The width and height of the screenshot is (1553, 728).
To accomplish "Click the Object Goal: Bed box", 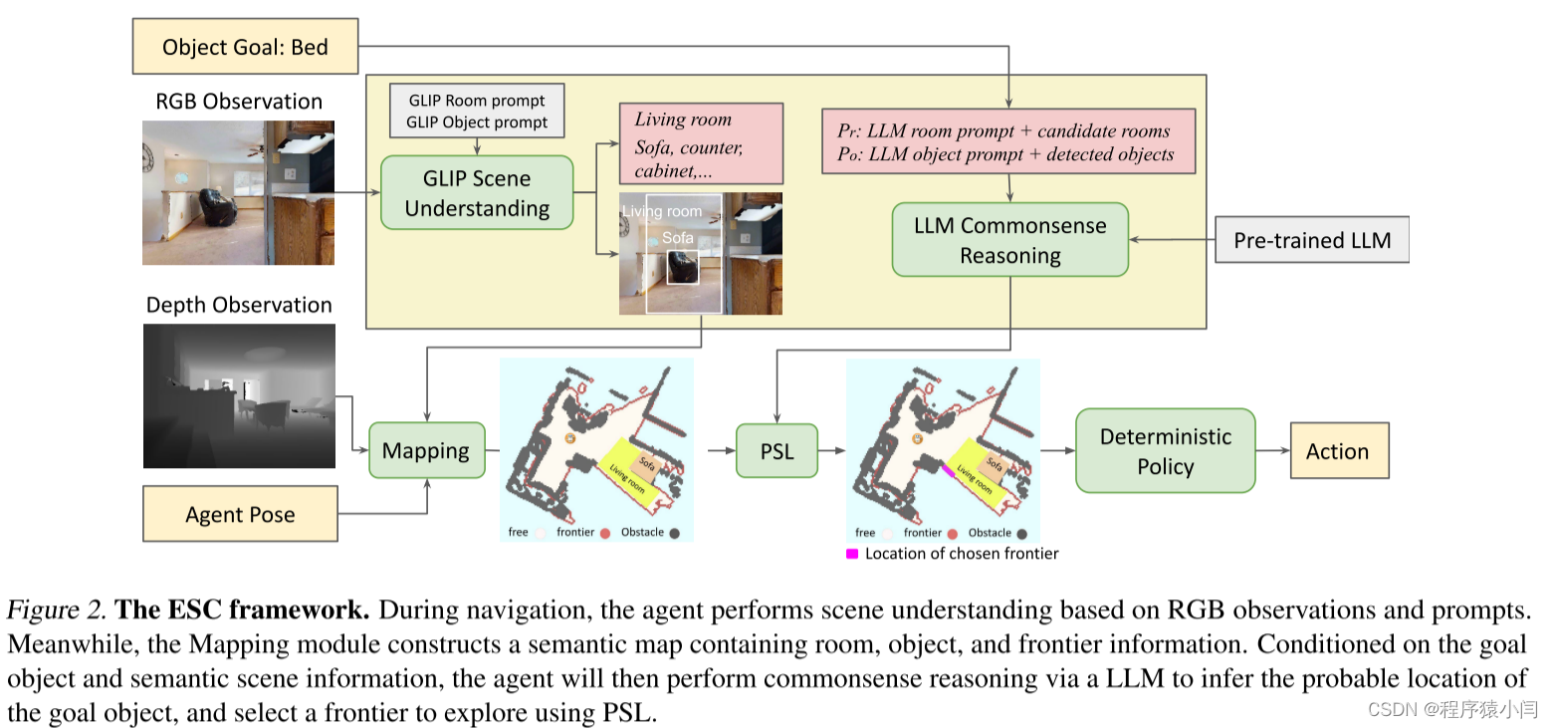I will (x=245, y=48).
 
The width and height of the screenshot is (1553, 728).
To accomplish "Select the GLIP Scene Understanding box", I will (x=477, y=193).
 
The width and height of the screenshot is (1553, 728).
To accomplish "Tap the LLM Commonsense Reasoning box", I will (x=1009, y=240).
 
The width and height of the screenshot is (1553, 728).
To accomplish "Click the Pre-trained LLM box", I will (x=1312, y=240).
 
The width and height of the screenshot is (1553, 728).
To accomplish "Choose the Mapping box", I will (x=426, y=450).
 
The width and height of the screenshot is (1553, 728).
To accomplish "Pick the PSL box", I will (x=776, y=451).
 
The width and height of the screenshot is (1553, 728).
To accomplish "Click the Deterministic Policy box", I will (x=1165, y=451).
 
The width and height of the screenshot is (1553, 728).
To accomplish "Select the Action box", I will (x=1337, y=451).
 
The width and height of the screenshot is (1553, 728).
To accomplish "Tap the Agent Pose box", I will (x=240, y=514).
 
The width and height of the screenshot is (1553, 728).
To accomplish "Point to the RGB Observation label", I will (x=239, y=102).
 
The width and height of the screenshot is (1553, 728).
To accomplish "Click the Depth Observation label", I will (x=239, y=305).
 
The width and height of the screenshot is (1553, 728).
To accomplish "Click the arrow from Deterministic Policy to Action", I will (x=1272, y=451).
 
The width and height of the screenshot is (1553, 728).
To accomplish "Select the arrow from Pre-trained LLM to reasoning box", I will (x=1173, y=240).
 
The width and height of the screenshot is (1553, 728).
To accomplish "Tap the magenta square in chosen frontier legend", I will (x=852, y=554).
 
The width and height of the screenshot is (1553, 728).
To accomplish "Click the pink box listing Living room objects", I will (x=701, y=143).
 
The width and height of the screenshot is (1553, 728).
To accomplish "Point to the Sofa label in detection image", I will (x=677, y=238).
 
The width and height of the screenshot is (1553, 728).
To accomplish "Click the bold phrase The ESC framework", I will (x=243, y=608).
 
